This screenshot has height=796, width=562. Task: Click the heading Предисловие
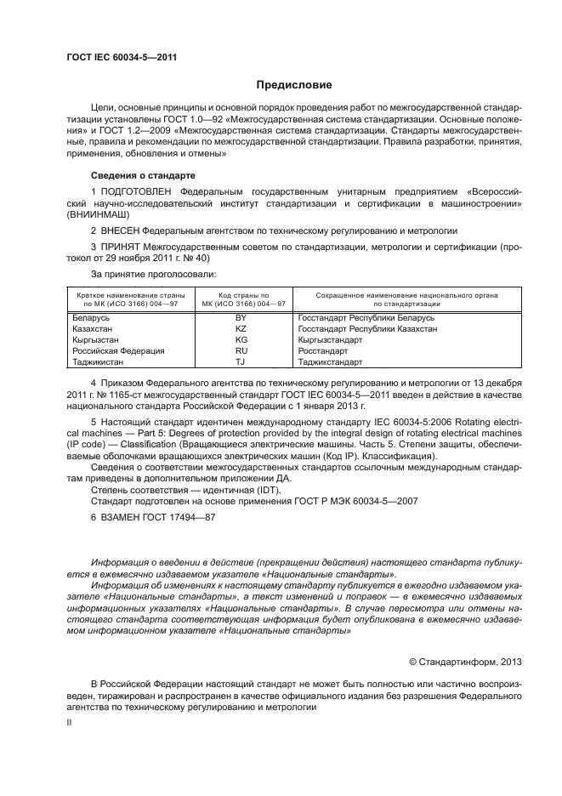pos(295,85)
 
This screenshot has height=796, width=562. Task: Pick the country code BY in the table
pos(241,316)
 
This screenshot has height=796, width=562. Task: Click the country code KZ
pos(241,327)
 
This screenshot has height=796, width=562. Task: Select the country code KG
pos(241,338)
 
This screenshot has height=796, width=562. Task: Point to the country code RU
pos(241,350)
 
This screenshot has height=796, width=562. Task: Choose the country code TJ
pos(241,361)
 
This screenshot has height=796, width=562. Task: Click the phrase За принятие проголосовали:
pos(141,274)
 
